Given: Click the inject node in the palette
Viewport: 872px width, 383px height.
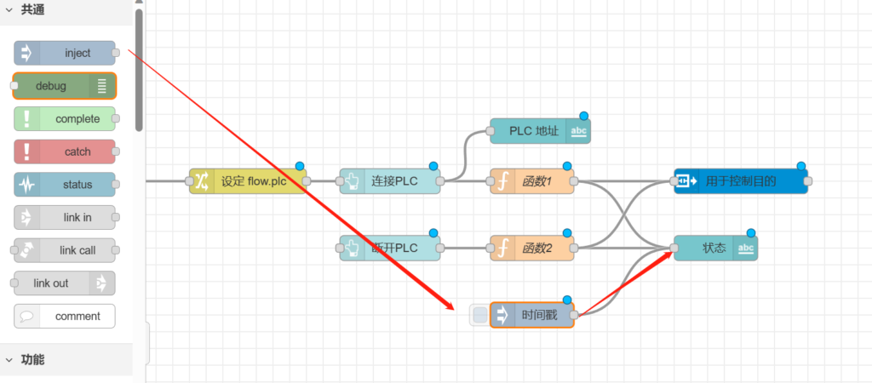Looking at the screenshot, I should [x=65, y=53].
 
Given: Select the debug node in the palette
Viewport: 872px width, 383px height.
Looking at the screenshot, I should [x=65, y=86].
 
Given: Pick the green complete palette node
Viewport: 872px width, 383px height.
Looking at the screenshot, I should [x=65, y=119].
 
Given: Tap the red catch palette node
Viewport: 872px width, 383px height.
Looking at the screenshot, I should [x=65, y=151].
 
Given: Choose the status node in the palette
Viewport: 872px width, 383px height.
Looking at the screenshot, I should [x=65, y=185].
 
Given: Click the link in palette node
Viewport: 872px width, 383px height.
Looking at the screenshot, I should [x=65, y=217].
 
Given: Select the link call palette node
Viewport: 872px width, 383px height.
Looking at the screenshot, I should [x=65, y=250].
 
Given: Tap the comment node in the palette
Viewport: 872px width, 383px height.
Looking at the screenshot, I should [x=65, y=316].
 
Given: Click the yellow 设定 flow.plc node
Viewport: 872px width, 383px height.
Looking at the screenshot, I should [x=248, y=181].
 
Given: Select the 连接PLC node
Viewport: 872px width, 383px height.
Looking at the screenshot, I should [x=390, y=181].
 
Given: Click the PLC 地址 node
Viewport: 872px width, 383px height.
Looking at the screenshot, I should [x=540, y=131].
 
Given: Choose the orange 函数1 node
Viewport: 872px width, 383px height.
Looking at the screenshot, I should [x=532, y=181].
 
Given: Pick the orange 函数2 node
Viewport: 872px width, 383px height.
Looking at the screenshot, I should [x=532, y=249].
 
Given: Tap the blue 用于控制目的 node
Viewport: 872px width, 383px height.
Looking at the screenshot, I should [x=741, y=181].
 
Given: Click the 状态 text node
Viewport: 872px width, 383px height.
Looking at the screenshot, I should [x=715, y=249].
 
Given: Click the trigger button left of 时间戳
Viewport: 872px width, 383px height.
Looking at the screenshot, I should [x=480, y=315].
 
